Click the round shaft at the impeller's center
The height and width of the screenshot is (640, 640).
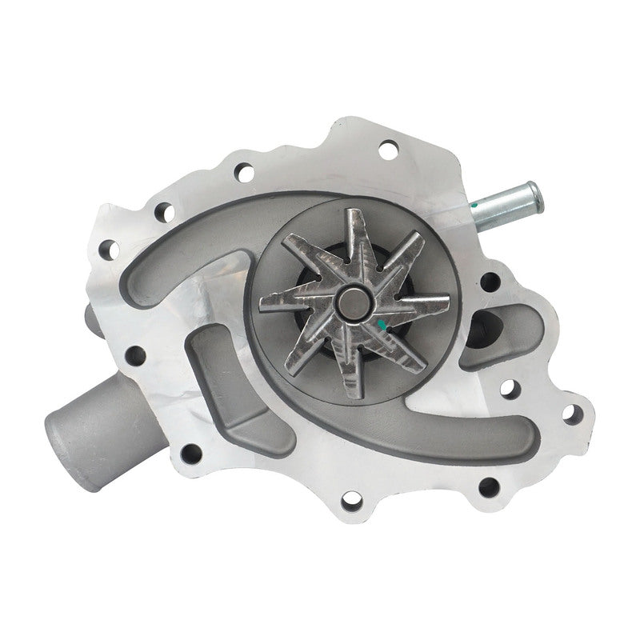pyautogui.click(x=353, y=302)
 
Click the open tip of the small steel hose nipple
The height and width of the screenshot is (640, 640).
pyautogui.click(x=530, y=193)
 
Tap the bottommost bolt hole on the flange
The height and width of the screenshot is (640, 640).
pyautogui.click(x=350, y=503)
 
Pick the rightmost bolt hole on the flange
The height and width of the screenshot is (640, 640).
pyautogui.click(x=570, y=414)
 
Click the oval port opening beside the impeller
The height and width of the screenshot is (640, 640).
pyautogui.click(x=482, y=324)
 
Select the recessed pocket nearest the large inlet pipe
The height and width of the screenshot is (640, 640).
pyautogui.click(x=228, y=384)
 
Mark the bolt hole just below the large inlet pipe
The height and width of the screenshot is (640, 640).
pyautogui.click(x=190, y=454)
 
